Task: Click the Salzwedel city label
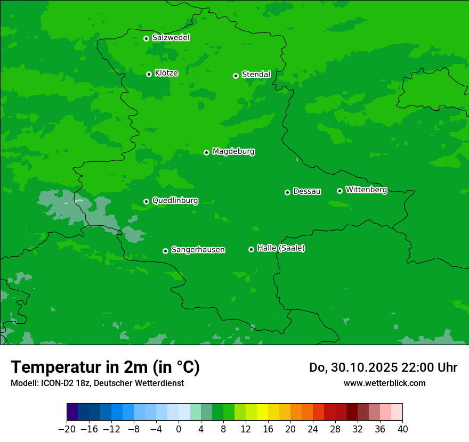(x=171, y=38)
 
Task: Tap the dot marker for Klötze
(x=149, y=74)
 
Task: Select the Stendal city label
(x=256, y=75)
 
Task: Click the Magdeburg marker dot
(x=206, y=152)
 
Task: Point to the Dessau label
(x=307, y=191)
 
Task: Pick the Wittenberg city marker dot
(x=339, y=191)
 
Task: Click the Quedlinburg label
(x=175, y=201)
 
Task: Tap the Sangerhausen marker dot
(x=165, y=251)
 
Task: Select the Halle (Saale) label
(x=281, y=248)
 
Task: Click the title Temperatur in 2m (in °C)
(x=105, y=367)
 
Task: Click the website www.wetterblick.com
(x=384, y=383)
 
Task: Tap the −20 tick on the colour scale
(x=67, y=429)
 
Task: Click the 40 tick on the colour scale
(x=402, y=429)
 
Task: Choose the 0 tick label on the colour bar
(x=179, y=429)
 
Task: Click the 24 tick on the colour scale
(x=313, y=429)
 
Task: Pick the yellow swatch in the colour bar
(x=262, y=412)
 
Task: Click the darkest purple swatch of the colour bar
(x=72, y=412)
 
